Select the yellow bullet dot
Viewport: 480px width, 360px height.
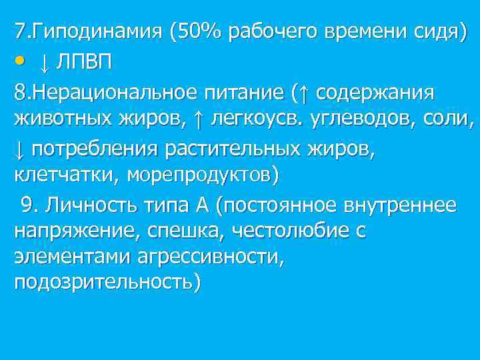point(21,61)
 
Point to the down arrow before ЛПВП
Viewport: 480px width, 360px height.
point(44,63)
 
